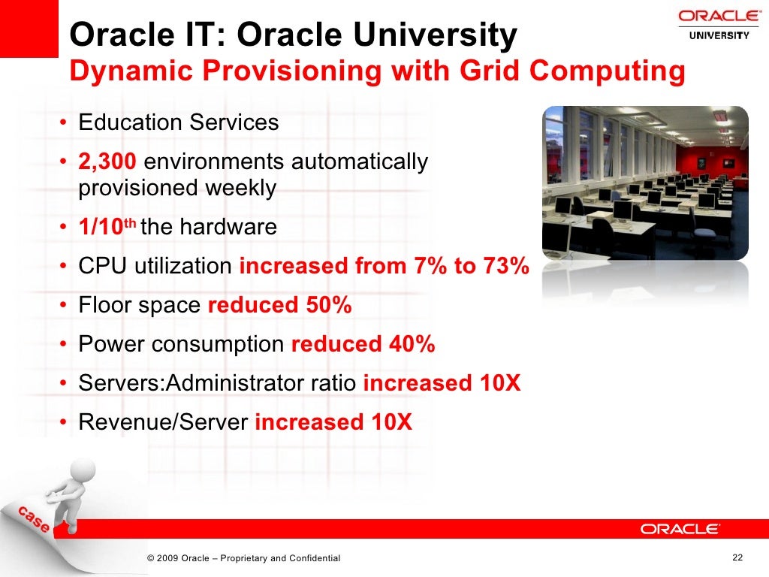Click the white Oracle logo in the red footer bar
[x=680, y=529]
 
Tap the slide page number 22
[x=737, y=557]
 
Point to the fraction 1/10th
[x=107, y=226]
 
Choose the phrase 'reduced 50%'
[x=279, y=305]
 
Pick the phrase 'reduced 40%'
[x=363, y=344]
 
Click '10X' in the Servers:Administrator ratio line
[x=500, y=383]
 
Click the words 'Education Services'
[x=179, y=122]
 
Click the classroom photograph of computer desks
[x=645, y=184]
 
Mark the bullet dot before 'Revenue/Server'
[x=65, y=423]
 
